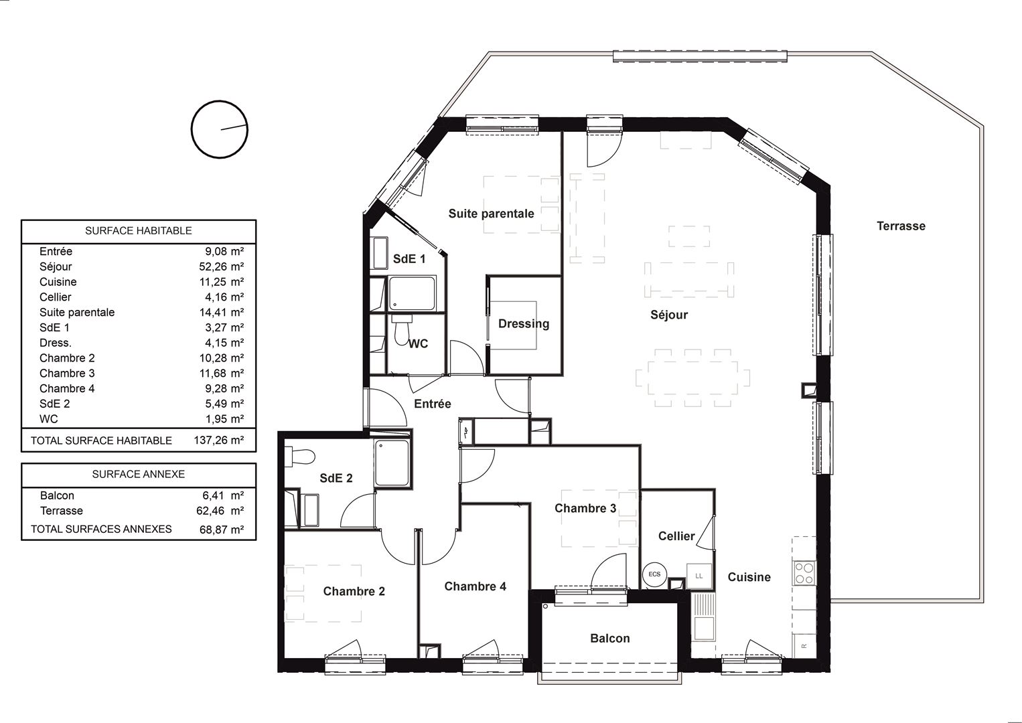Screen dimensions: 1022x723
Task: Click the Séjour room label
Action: click(x=669, y=315)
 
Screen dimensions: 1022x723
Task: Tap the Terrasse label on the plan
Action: click(x=901, y=226)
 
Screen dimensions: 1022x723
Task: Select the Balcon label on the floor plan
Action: click(x=610, y=638)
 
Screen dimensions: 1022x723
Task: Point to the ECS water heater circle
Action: click(x=655, y=574)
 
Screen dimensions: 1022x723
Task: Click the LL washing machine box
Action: click(x=699, y=576)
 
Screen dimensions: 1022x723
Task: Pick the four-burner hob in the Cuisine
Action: click(x=804, y=574)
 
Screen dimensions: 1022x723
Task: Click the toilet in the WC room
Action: click(x=402, y=330)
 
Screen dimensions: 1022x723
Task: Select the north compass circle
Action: click(x=220, y=129)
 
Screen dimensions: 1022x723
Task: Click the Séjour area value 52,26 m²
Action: click(x=221, y=266)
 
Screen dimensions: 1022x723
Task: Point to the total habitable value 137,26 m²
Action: click(x=218, y=440)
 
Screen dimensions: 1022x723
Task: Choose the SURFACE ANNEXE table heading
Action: click(x=138, y=475)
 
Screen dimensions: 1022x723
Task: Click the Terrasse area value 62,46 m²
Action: click(x=220, y=511)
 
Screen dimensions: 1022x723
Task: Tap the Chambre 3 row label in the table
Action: click(x=67, y=373)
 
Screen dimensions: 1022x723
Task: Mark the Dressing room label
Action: click(x=524, y=324)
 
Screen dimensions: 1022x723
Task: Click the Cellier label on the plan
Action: click(x=676, y=536)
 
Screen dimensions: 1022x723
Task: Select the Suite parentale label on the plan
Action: click(x=492, y=214)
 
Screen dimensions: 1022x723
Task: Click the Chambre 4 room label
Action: click(x=476, y=586)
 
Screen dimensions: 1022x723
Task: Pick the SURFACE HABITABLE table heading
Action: click(x=138, y=231)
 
